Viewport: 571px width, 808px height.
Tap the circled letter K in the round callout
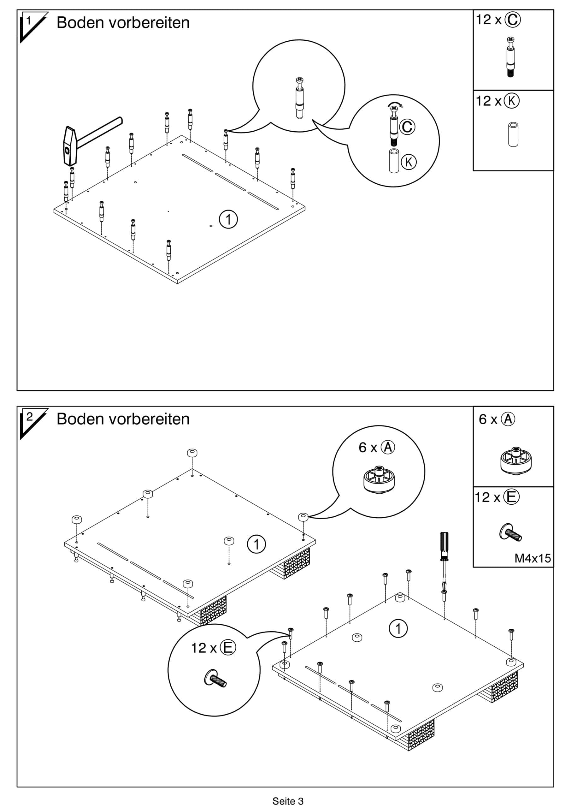pos(409,162)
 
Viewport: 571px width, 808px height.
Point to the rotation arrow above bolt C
pos(396,104)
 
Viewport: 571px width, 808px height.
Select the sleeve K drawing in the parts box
pos(513,134)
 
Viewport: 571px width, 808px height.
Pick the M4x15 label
pos(532,558)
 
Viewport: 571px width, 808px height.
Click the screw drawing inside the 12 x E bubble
pos(215,678)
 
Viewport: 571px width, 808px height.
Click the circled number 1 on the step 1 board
pos(228,219)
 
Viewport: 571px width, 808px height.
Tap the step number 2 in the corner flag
pos(30,417)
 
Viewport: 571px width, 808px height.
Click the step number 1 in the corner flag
pos(29,21)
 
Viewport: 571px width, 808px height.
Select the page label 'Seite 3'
pos(288,801)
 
